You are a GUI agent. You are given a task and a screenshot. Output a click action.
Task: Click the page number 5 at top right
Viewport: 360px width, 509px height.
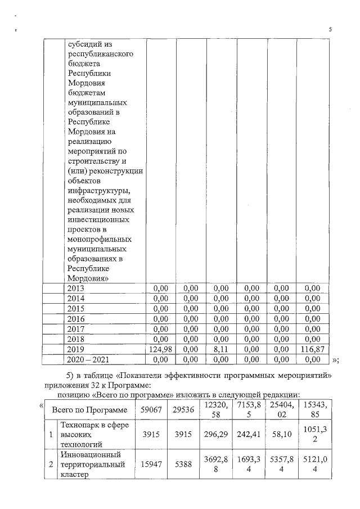point(330,30)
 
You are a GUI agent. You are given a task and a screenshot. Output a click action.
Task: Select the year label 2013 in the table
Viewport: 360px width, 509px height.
point(76,288)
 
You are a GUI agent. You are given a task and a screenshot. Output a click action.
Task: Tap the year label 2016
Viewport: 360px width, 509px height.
point(76,319)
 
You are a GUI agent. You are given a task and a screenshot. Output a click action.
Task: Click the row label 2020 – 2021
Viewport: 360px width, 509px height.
point(88,359)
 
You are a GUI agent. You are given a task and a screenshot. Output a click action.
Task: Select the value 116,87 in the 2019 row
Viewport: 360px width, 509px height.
point(310,349)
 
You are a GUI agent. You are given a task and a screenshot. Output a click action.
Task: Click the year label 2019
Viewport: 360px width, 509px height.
point(76,349)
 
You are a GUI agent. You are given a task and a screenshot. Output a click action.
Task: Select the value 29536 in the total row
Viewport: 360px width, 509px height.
point(182,410)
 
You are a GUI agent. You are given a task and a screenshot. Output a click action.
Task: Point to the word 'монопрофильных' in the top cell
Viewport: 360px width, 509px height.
point(98,238)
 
